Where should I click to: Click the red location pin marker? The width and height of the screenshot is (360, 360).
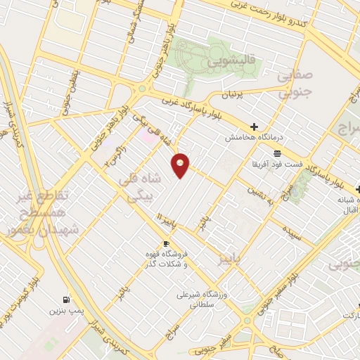(x=181, y=164)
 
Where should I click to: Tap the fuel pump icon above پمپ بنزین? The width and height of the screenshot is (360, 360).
(x=66, y=298)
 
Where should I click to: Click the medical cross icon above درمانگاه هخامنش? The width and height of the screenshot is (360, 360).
(x=254, y=127)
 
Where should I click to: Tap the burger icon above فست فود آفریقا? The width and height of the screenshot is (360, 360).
(x=278, y=153)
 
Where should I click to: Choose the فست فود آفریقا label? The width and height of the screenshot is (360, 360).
(x=277, y=164)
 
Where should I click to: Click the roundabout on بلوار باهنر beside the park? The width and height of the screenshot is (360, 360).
(x=143, y=89)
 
